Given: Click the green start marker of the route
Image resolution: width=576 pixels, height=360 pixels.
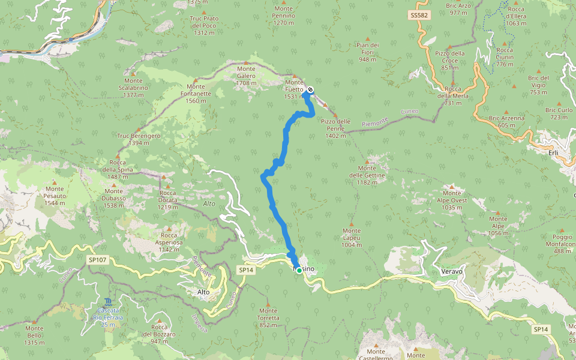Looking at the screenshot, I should (299, 271).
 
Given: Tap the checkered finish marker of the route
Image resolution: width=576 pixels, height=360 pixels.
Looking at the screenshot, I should (310, 91).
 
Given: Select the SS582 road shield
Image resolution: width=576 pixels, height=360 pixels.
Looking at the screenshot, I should (419, 14).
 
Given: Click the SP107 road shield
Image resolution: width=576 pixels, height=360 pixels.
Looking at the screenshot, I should (99, 260).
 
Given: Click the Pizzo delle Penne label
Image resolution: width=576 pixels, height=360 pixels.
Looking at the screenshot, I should (335, 128).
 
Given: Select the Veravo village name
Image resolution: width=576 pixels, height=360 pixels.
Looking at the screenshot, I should (452, 271).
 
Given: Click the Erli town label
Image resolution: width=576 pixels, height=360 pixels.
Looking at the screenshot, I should (553, 152).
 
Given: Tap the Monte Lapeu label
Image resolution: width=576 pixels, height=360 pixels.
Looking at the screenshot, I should (352, 238).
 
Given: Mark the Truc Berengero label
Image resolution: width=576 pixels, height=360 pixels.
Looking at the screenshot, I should (139, 139).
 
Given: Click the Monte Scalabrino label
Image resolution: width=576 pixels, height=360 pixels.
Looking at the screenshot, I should (133, 88).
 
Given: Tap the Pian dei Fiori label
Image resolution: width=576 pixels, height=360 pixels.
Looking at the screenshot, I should (367, 52).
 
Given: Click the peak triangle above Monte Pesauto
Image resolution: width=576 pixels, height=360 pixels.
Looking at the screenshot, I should (54, 182).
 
